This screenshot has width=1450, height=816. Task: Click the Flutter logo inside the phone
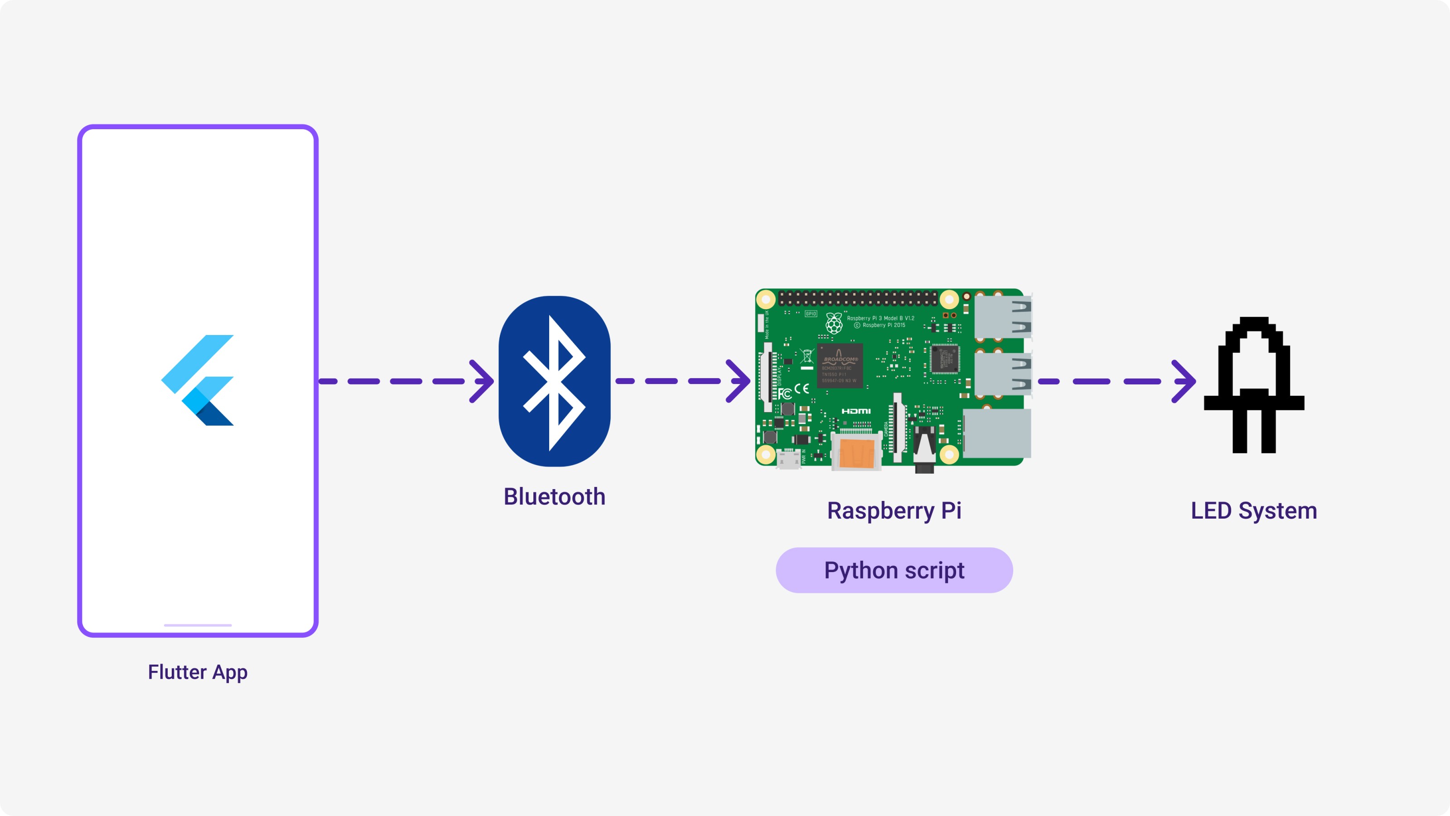[198, 380]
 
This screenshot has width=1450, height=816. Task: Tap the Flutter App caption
[198, 672]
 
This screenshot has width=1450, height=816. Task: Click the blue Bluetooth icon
[555, 381]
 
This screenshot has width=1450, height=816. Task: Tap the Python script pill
[894, 570]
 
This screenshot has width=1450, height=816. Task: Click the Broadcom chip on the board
[839, 365]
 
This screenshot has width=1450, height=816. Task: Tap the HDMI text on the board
[856, 411]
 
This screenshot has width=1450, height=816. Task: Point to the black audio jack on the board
[924, 449]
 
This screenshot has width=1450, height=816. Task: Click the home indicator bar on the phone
[198, 625]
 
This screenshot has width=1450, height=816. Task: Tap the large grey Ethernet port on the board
[997, 433]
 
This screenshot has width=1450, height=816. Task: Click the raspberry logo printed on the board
[834, 323]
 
